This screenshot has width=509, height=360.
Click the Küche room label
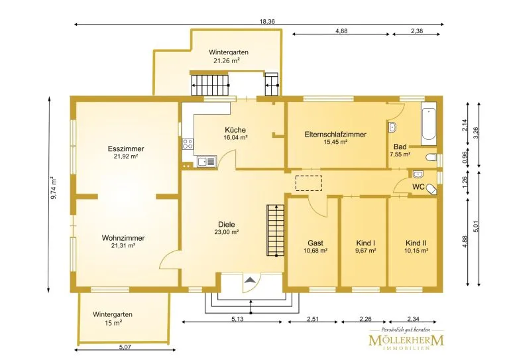(235, 130)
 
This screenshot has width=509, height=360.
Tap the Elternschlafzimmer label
(335, 135)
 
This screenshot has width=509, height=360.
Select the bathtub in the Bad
(429, 124)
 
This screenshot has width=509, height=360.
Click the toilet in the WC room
(431, 189)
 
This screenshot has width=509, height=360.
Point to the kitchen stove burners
(188, 143)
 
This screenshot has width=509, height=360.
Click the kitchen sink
(207, 162)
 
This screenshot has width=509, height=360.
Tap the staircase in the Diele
(275, 231)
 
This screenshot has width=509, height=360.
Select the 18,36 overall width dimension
(267, 22)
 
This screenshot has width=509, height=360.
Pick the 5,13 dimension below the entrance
(237, 319)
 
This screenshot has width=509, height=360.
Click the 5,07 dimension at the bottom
(125, 347)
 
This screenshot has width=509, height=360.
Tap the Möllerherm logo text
(406, 341)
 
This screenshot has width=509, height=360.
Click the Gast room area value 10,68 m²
(315, 251)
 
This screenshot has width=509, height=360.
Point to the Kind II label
(416, 243)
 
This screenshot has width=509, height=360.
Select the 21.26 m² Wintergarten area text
(227, 60)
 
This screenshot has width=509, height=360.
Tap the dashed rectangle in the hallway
(309, 184)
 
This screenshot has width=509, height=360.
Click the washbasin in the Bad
(392, 127)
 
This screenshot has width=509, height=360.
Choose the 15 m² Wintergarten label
(113, 323)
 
